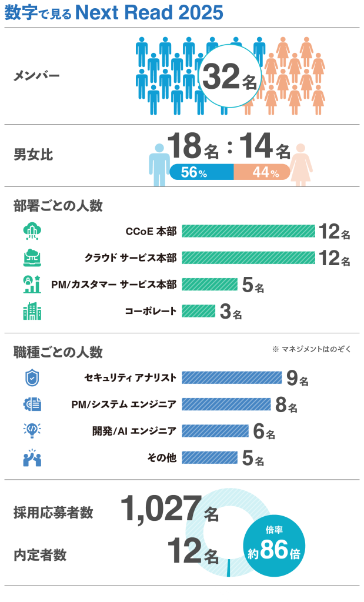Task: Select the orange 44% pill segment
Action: tap(262, 172)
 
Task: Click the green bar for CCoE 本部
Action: tap(248, 231)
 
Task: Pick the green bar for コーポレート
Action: tap(199, 311)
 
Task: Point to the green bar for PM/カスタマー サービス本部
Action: tap(209, 285)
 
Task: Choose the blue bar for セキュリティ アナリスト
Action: tap(232, 377)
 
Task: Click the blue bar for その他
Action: tap(209, 457)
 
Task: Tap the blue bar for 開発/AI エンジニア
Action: tap(215, 431)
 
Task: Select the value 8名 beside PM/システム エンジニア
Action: tap(286, 405)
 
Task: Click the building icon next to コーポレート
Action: tap(32, 311)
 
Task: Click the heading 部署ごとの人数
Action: tap(58, 206)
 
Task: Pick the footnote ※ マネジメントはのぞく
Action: tap(312, 349)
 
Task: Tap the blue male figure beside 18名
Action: tap(159, 165)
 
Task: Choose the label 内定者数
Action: tap(40, 555)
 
